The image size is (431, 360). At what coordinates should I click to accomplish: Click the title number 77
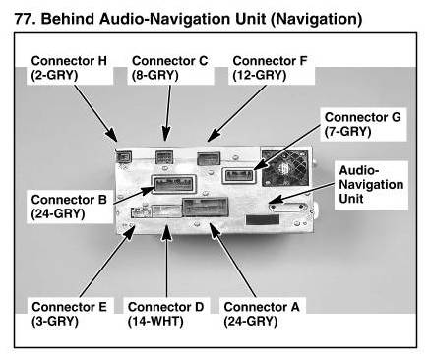pos(25,19)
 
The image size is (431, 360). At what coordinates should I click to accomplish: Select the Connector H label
pos(69,68)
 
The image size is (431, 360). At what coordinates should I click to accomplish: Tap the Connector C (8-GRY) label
pos(169,68)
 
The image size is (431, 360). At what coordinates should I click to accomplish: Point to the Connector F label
pos(270,68)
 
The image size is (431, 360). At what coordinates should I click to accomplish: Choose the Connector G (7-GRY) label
pos(362,124)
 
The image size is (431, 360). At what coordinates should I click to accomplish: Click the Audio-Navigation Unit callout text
pos(371,184)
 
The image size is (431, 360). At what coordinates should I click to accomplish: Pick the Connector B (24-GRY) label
pos(69,207)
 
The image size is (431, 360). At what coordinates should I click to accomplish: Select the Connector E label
pos(69,314)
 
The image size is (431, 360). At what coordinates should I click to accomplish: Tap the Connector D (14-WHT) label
pos(165,314)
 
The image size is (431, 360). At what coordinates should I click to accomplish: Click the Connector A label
pos(262,314)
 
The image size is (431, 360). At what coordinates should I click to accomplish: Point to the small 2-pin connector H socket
pos(124,157)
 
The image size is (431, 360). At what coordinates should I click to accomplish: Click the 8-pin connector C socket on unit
pos(164,157)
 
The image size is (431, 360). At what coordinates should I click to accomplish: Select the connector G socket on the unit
pos(238,176)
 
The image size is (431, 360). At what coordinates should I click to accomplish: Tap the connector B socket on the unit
pos(173,184)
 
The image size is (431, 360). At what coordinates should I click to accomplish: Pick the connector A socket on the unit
pos(206,207)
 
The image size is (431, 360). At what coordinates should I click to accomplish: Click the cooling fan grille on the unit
pos(284,168)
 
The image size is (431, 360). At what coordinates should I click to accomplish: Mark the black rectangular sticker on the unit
pos(263,220)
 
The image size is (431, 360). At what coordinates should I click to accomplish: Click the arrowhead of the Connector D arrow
pos(166,232)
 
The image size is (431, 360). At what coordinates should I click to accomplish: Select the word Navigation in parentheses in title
pos(317,19)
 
